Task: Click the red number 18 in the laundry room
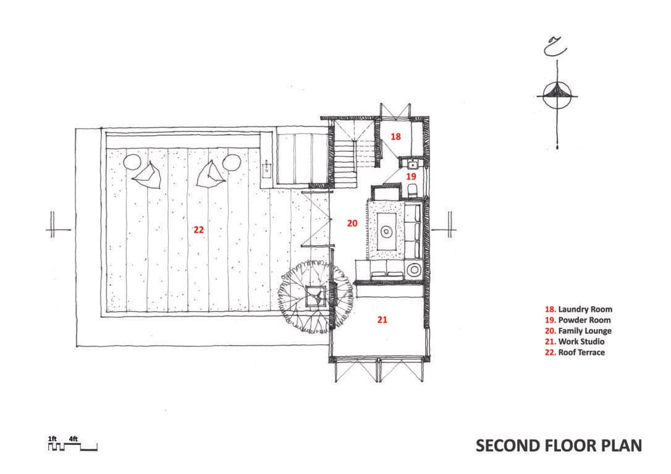[x=396, y=136]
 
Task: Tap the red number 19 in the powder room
[x=411, y=176]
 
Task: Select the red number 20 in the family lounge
[x=352, y=223]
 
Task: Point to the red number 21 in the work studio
[x=382, y=319]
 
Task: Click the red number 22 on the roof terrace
[x=198, y=230]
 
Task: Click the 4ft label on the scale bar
[x=73, y=439]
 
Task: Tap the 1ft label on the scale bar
[x=52, y=439]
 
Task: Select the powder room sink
[x=413, y=164]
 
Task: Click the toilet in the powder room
[x=412, y=189]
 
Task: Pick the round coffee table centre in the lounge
[x=386, y=232]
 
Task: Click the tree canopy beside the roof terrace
[x=316, y=296]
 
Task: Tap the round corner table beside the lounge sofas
[x=414, y=270]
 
